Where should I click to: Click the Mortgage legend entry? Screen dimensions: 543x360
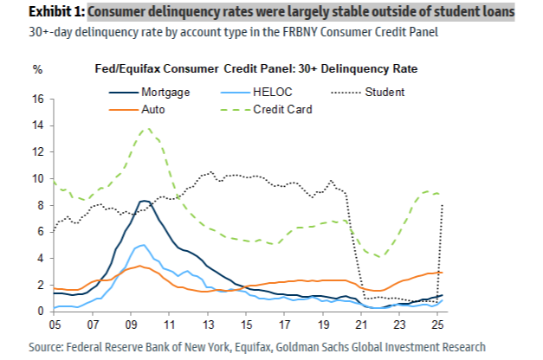click(x=150, y=93)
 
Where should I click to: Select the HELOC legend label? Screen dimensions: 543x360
click(x=273, y=92)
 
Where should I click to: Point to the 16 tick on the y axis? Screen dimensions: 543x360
click(x=38, y=100)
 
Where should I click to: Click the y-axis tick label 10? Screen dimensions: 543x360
click(x=38, y=179)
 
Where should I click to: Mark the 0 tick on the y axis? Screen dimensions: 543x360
click(x=42, y=312)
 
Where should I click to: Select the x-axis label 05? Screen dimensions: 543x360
click(x=55, y=325)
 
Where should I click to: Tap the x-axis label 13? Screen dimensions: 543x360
click(x=208, y=325)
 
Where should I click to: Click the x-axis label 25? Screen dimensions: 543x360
click(x=437, y=325)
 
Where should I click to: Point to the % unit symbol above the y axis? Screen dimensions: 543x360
click(x=37, y=69)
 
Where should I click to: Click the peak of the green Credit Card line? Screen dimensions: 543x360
click(x=148, y=129)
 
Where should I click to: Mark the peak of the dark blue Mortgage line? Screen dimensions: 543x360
click(x=144, y=201)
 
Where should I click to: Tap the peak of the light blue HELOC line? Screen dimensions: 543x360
click(x=143, y=245)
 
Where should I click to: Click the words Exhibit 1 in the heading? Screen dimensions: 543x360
click(x=56, y=12)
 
